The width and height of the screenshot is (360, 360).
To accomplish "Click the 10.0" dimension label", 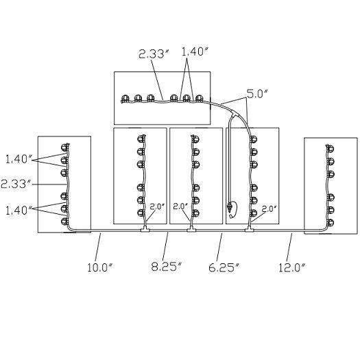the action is (100, 267).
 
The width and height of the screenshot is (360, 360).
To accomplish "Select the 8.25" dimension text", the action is (167, 267).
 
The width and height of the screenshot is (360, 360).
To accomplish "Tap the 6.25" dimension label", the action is (224, 267).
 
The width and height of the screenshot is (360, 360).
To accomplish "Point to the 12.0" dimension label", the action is (292, 267).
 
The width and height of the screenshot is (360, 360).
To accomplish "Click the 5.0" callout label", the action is (257, 94).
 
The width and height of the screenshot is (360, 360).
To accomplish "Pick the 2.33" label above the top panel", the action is (154, 54).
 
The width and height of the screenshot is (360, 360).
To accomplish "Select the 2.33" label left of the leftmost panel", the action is (16, 184).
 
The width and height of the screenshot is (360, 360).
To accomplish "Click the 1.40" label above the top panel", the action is (195, 51).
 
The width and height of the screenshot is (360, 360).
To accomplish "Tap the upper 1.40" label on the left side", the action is (19, 159).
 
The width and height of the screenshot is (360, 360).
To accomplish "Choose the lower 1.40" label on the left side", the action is (19, 211).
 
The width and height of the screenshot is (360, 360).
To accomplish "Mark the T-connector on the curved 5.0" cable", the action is (234, 114).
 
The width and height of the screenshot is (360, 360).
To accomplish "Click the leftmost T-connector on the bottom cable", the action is (145, 229).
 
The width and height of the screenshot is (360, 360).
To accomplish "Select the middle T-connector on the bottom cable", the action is (191, 229).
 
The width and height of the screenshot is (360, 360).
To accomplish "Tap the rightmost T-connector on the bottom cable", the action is (249, 229).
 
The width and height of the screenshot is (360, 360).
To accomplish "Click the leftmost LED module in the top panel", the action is (125, 99).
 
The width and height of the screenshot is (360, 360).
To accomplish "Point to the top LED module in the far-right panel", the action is (330, 149).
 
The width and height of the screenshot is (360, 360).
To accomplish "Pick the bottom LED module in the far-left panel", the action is (64, 221).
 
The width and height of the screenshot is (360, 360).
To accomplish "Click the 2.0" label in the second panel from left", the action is (157, 206).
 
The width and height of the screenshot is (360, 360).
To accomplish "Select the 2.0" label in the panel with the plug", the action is (269, 208).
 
